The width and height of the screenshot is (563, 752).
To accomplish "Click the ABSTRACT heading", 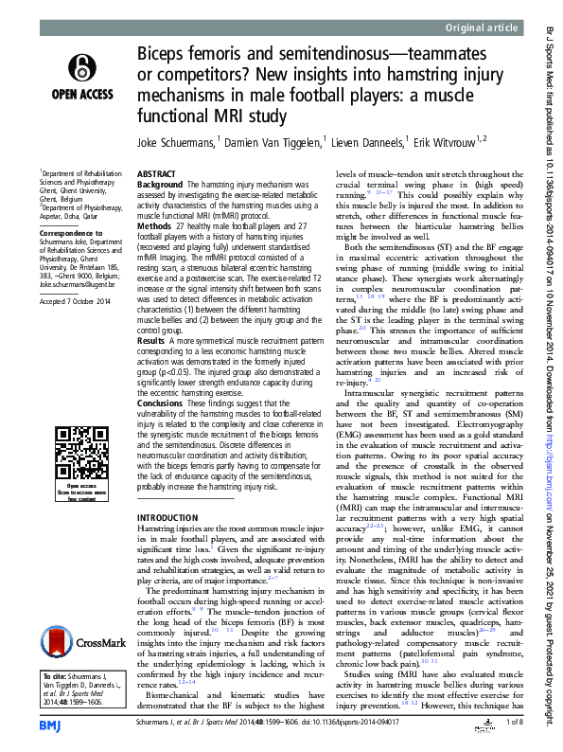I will click(156, 175).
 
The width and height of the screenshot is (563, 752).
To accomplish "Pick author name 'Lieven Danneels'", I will click(372, 142).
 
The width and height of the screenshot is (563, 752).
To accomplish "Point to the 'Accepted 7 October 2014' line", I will click(75, 301).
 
